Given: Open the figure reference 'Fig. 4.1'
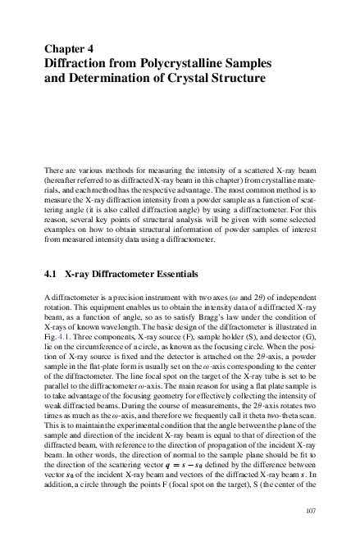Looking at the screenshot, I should coord(54,335).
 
